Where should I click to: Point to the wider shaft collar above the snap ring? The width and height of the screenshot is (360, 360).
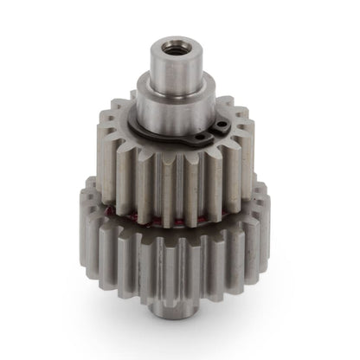click(x=173, y=108)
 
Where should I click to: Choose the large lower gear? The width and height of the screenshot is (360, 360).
click(x=173, y=251)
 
